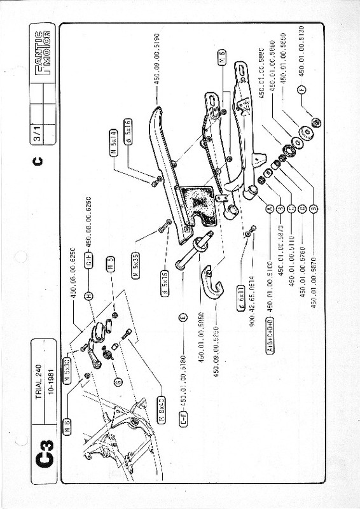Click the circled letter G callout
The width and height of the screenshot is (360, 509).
117,381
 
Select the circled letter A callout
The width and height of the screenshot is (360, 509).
270,208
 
